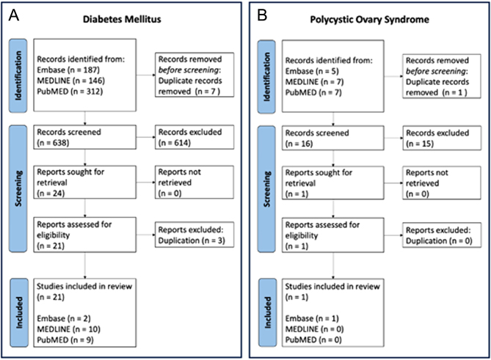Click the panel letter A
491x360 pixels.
14,15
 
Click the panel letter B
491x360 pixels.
262,15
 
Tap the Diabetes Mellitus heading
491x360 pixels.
122,19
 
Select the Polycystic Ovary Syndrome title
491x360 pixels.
369,19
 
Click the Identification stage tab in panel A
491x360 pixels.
18,76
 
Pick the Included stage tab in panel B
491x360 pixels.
268,312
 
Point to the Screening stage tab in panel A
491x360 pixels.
18,188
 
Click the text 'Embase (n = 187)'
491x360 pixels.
68,70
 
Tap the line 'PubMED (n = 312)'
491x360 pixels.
70,92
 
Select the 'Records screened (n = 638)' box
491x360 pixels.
85,137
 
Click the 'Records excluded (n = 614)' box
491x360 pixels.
194,137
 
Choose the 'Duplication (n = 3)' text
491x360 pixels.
192,240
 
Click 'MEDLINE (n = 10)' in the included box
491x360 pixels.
68,329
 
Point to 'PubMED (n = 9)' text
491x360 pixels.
65,339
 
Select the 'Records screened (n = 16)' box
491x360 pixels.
333,138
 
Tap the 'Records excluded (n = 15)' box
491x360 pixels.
442,138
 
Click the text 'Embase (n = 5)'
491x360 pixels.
312,71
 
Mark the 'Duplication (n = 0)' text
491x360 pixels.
439,240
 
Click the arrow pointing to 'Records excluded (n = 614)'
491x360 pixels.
145,137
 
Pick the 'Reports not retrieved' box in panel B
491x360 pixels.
442,183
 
